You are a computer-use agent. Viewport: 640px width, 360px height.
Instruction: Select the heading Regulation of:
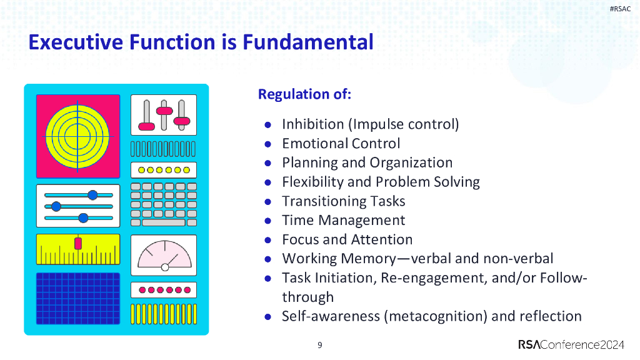(x=304, y=94)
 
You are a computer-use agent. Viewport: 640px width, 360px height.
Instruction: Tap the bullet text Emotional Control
(x=341, y=143)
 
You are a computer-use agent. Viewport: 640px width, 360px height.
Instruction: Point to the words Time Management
(x=343, y=220)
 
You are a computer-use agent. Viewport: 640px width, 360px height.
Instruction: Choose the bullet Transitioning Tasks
(x=343, y=201)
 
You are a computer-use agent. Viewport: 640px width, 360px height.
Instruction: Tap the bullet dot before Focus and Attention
(x=267, y=239)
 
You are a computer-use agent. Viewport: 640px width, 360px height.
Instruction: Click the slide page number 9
(x=320, y=345)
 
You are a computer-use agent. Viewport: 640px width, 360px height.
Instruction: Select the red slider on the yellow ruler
(x=78, y=242)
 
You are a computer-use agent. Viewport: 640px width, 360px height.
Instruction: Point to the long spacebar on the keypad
(x=163, y=222)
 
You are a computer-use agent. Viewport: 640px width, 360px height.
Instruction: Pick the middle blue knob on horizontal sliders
(x=56, y=206)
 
